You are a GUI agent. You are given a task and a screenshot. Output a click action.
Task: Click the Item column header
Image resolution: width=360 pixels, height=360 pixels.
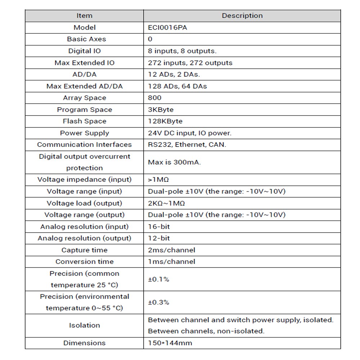pyautogui.click(x=84, y=16)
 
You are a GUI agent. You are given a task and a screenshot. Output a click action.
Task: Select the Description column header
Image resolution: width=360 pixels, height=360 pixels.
pyautogui.click(x=242, y=16)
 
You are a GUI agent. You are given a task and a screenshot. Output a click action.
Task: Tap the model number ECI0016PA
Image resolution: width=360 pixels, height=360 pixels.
pyautogui.click(x=167, y=27)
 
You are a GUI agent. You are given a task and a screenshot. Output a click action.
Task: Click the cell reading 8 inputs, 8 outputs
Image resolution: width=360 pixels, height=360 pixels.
pyautogui.click(x=182, y=51)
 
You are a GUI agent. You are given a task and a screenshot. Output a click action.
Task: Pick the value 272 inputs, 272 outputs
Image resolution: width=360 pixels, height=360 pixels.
pyautogui.click(x=190, y=63)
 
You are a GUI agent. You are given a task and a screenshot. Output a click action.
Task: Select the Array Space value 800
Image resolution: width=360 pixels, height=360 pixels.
pyautogui.click(x=155, y=98)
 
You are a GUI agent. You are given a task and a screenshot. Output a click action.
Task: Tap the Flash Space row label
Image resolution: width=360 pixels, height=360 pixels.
pyautogui.click(x=85, y=121)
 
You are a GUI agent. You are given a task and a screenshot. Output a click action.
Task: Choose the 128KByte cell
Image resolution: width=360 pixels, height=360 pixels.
pyautogui.click(x=165, y=121)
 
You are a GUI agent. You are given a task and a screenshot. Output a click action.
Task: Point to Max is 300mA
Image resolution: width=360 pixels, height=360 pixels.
pyautogui.click(x=174, y=162)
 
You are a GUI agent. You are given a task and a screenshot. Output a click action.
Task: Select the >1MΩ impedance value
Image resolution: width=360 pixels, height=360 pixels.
pyautogui.click(x=159, y=180)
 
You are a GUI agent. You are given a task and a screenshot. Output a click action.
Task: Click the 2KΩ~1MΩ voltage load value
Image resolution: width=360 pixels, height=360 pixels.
pyautogui.click(x=166, y=203)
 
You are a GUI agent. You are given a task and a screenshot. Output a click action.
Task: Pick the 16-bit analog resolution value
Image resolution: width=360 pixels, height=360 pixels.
pyautogui.click(x=159, y=227)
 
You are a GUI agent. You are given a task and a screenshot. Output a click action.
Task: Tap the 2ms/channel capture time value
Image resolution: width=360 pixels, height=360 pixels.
pyautogui.click(x=171, y=250)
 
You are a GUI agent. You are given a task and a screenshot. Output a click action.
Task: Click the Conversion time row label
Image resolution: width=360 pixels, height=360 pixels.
pyautogui.click(x=84, y=262)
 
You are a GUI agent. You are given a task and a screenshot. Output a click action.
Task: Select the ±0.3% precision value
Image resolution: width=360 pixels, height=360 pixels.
pyautogui.click(x=158, y=302)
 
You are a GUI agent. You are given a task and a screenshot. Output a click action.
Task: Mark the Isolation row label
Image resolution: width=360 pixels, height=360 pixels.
pyautogui.click(x=84, y=325)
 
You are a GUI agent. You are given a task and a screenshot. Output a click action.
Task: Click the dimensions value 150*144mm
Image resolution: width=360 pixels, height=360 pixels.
pyautogui.click(x=170, y=343)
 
